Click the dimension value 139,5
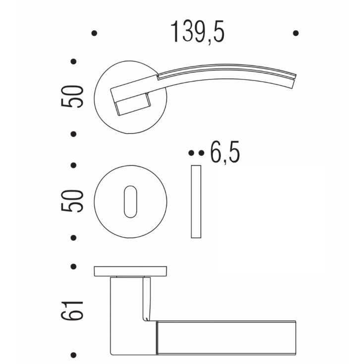pos(198,33)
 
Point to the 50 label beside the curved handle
pos(73,97)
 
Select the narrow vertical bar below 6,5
pos(196,202)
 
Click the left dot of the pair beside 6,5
pos(192,153)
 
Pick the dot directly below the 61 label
pos(74,355)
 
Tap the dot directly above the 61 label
pos(74,266)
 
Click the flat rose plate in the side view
pos(130,271)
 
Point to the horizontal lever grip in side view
pos(225,338)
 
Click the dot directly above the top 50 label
pos(74,61)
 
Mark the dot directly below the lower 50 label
pos(74,238)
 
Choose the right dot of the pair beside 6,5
pos(201,153)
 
